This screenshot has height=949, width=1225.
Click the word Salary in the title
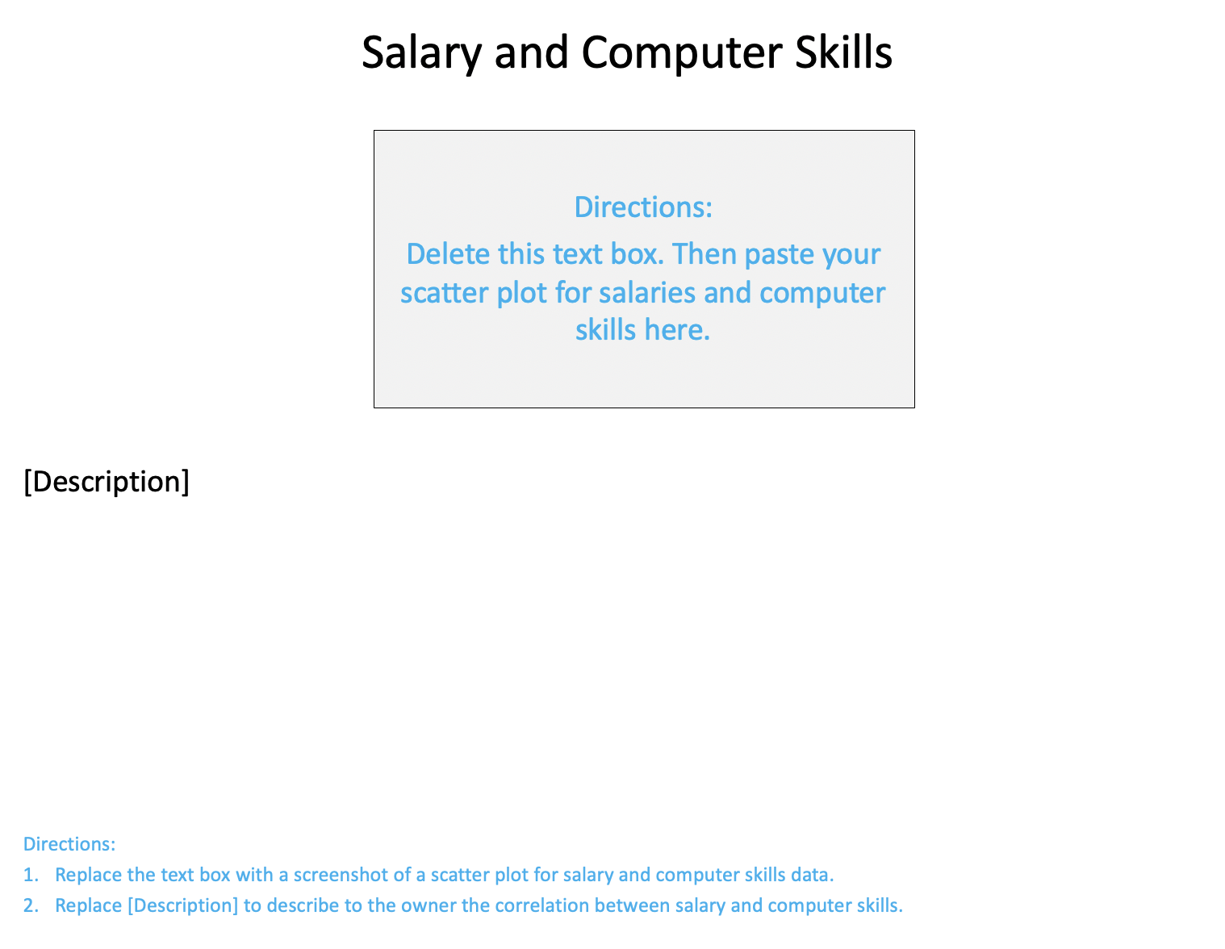click(x=420, y=53)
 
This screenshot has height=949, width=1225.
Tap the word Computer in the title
click(x=681, y=53)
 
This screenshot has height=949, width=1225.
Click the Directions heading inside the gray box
click(x=643, y=207)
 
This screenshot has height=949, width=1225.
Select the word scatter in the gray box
click(x=444, y=292)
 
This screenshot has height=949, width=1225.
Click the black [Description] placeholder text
click(x=107, y=482)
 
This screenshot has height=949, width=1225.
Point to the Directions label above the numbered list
click(x=69, y=844)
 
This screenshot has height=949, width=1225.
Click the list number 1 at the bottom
click(x=30, y=875)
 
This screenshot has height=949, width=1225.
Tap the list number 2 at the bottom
click(x=30, y=905)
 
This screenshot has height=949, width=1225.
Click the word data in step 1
click(x=813, y=875)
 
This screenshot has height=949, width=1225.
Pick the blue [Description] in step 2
click(x=183, y=905)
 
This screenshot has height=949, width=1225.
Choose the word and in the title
click(x=530, y=53)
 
